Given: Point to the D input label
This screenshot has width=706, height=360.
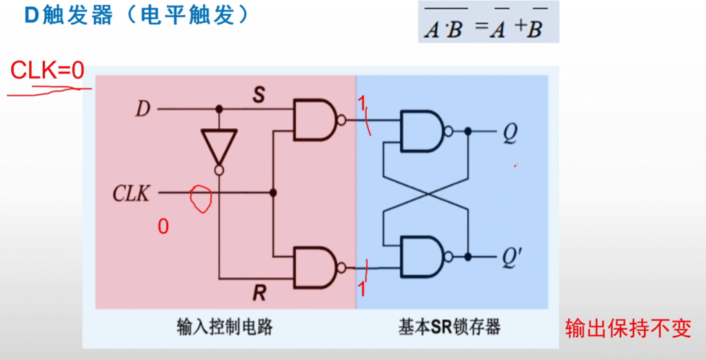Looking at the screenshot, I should pos(142,109).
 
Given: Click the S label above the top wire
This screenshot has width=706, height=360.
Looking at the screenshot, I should pos(259,96).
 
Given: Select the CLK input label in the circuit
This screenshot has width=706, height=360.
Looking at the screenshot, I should pos(131,194).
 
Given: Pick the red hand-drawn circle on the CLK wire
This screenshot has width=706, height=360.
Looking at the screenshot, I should pos(200,199).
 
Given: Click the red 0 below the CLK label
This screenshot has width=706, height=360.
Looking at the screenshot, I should pos(163,226).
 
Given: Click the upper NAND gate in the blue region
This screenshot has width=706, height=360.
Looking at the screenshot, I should pos(424,131).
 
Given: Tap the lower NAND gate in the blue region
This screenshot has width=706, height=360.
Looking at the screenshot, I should pos(424,257).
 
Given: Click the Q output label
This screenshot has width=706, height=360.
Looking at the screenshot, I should pos(510,132).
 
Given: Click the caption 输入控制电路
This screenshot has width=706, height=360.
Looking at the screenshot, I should pos(225,326).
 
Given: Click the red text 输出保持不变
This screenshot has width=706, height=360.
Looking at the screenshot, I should pos(627,328).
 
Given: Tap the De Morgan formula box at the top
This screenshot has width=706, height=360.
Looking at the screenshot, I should pos(488,22).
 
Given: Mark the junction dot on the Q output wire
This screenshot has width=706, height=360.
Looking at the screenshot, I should pos(468,131).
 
